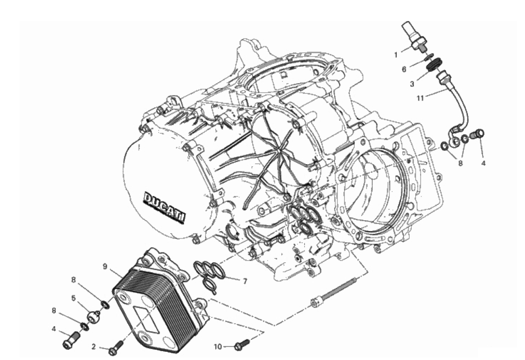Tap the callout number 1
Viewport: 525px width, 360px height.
pyautogui.click(x=396, y=55)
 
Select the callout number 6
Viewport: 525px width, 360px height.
pyautogui.click(x=404, y=69)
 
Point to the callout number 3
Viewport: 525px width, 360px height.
pyautogui.click(x=412, y=84)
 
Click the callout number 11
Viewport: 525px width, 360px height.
pyautogui.click(x=420, y=98)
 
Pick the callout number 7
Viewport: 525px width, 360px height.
pyautogui.click(x=245, y=281)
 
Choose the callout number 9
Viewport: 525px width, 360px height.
pyautogui.click(x=105, y=267)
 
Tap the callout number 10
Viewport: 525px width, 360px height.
pyautogui.click(x=218, y=347)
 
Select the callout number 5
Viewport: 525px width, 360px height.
pyautogui.click(x=74, y=298)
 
